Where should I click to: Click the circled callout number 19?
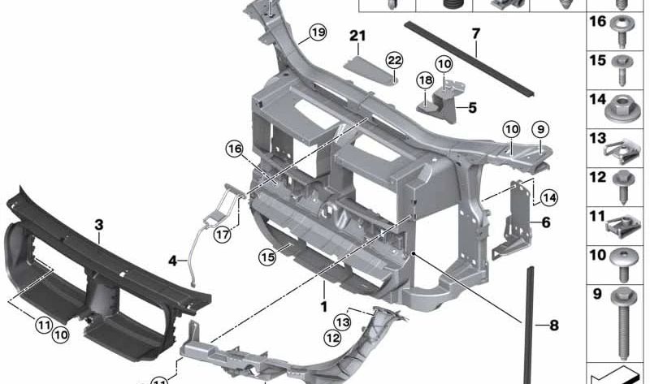(316, 32)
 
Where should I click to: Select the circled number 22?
(394, 60)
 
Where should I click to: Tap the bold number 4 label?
(172, 260)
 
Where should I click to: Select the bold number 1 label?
(323, 308)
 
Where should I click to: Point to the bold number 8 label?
(553, 326)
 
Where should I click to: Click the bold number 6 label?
(545, 222)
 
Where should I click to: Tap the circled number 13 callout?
(343, 323)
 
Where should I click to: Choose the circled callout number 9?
(541, 128)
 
